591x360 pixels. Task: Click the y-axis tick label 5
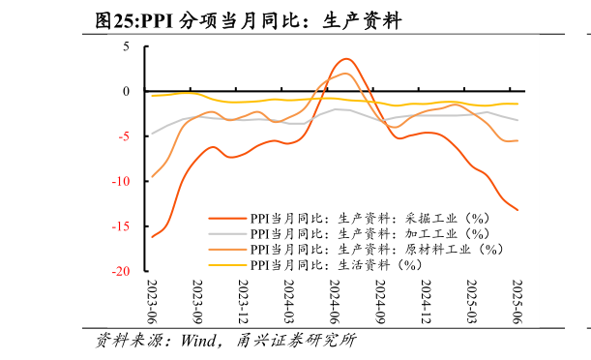126,45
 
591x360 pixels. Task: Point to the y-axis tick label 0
126,91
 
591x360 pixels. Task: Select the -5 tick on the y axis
124,136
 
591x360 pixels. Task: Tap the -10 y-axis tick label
121,182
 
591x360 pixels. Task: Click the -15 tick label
121,226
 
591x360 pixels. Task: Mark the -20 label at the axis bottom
121,272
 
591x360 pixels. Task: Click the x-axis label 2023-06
152,301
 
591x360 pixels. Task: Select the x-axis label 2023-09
198,301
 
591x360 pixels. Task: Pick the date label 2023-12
244,301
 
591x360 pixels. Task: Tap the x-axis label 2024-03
289,301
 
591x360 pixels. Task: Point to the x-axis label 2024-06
335,301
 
